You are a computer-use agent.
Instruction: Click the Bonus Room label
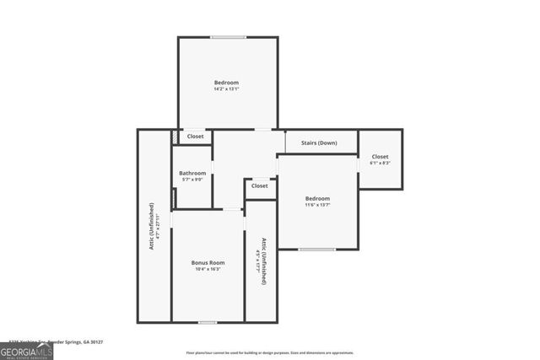[207, 262]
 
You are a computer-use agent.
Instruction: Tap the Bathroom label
[192, 173]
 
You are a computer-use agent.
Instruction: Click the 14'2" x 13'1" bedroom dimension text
[226, 89]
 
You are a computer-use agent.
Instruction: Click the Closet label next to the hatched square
[195, 136]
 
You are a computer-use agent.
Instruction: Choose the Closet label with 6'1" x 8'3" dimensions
[380, 157]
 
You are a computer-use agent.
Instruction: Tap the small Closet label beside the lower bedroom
[260, 185]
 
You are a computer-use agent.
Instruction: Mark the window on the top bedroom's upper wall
[228, 37]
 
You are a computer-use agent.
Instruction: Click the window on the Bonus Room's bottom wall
[207, 322]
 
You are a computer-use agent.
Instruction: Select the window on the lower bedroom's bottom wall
[316, 250]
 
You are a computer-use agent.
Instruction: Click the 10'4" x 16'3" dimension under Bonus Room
[207, 269]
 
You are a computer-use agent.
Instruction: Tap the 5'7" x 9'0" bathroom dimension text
[192, 180]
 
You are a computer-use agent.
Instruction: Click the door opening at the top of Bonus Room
[230, 209]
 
